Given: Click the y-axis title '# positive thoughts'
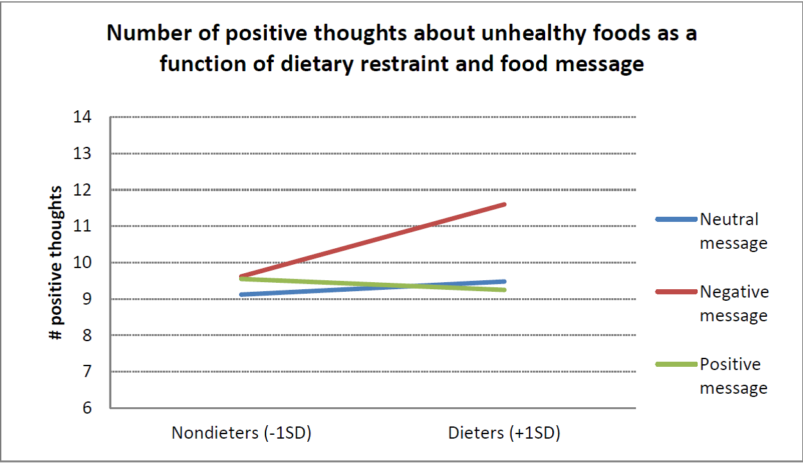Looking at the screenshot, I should pyautogui.click(x=57, y=263).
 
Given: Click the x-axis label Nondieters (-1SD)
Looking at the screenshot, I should pyautogui.click(x=241, y=434).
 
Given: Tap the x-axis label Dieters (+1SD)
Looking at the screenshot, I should pyautogui.click(x=504, y=434).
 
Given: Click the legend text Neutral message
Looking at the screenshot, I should pyautogui.click(x=733, y=231).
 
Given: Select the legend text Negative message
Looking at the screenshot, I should pyautogui.click(x=734, y=304).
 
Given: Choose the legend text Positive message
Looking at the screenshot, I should pyautogui.click(x=733, y=376).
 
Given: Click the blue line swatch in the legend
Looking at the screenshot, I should pyautogui.click(x=675, y=219).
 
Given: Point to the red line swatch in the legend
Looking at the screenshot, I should pyautogui.click(x=675, y=292).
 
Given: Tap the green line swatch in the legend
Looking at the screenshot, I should pyautogui.click(x=675, y=364).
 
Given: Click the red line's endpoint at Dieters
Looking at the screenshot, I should pyautogui.click(x=505, y=205).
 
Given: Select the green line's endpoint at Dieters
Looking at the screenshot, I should pyautogui.click(x=505, y=290).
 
